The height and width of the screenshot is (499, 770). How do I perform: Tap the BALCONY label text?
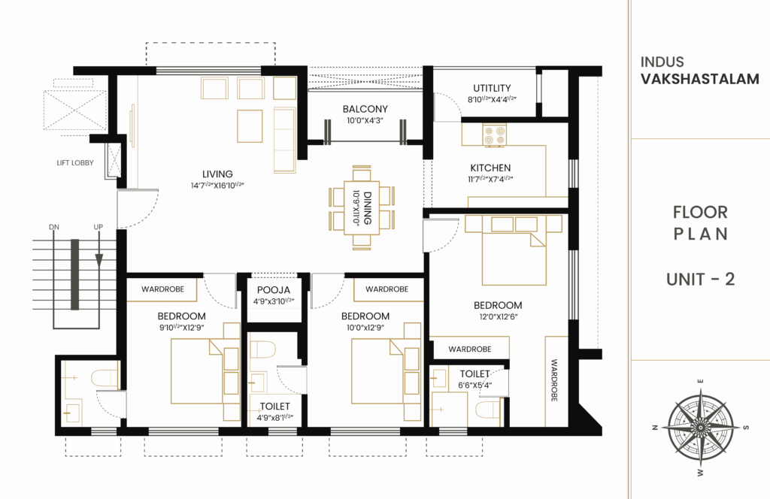365,109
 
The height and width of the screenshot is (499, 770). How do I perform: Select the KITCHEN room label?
490,168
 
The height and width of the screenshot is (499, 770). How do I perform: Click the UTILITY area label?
492,88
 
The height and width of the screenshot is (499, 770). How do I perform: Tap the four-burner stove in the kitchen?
496,135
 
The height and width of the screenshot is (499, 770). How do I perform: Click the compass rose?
700,426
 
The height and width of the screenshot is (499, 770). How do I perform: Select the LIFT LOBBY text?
75,162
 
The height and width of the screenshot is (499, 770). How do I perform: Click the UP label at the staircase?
98,226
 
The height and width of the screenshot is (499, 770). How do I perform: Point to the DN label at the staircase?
54,226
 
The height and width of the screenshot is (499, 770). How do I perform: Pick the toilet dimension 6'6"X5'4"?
474,386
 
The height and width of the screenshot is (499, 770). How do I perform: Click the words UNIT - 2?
700,280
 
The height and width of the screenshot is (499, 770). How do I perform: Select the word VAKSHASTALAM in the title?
700,79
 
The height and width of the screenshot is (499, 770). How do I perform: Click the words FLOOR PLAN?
700,223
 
